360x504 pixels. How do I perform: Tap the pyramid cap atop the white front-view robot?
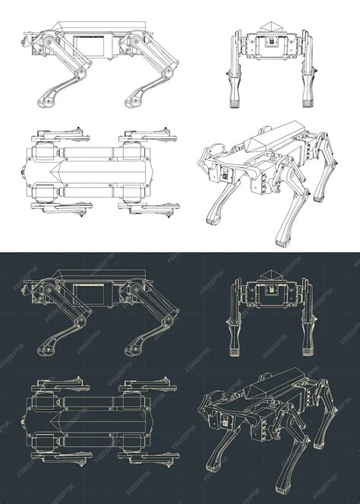pos(270,28)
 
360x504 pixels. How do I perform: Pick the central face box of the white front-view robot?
pos(270,46)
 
